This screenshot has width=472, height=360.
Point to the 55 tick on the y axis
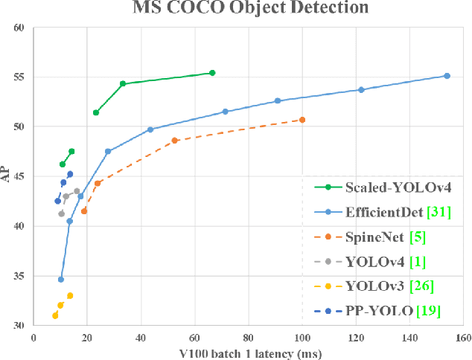coord(20,77)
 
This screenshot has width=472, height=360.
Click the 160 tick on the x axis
coord(464,337)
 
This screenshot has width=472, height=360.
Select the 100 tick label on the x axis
coord(302,337)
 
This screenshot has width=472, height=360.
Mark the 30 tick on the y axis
coord(20,326)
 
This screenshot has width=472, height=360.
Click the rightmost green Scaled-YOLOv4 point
coord(212,73)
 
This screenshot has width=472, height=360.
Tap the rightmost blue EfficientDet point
coord(447,76)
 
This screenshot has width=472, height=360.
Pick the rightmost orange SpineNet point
coord(302,120)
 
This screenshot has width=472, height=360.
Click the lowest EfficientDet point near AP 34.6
coord(61,280)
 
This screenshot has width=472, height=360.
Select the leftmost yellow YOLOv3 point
coord(55,315)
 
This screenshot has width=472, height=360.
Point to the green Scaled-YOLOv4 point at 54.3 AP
coord(123,84)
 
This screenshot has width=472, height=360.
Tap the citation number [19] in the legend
coord(428,310)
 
